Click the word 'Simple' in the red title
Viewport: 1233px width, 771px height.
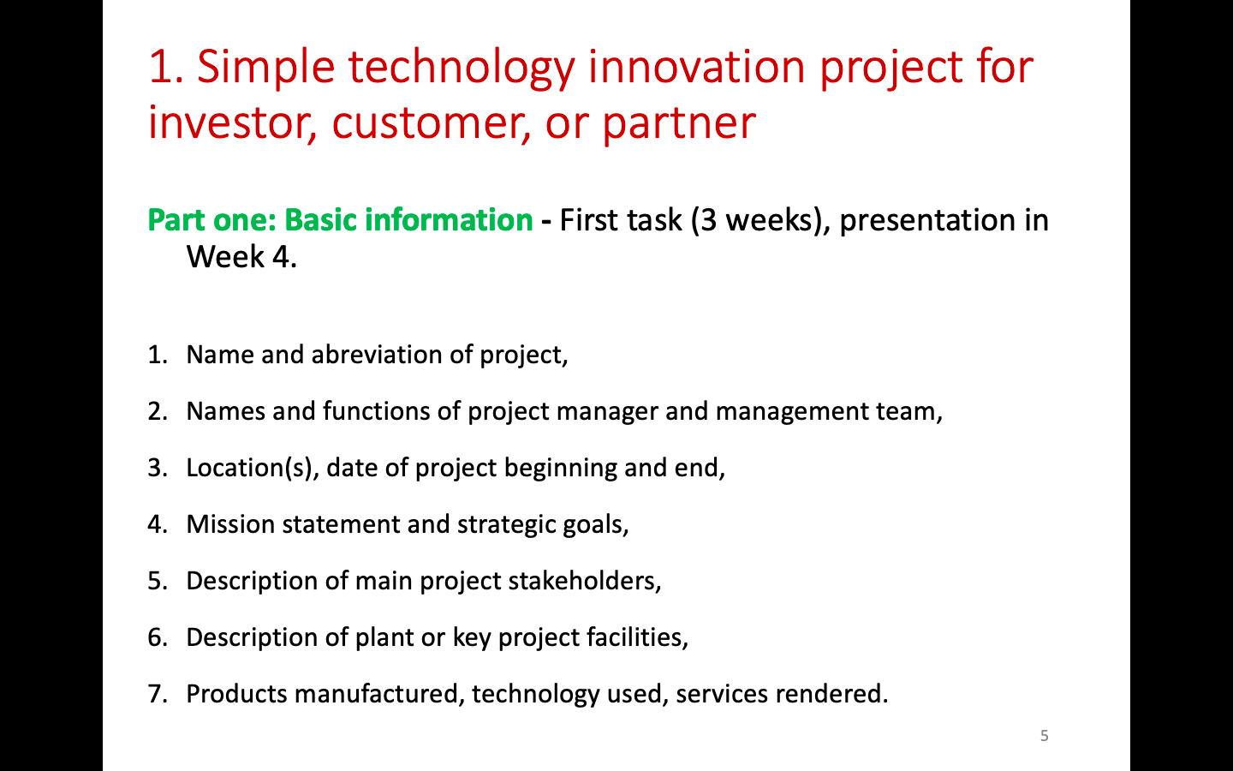click(265, 68)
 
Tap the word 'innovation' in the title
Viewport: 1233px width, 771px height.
click(697, 67)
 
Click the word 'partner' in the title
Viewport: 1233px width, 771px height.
click(680, 124)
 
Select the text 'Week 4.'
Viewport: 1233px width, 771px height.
click(241, 257)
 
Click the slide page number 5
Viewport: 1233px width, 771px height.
click(1045, 736)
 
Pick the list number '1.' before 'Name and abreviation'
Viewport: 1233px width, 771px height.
click(158, 355)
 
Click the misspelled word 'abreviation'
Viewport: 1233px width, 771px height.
click(377, 355)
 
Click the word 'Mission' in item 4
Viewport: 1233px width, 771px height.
click(230, 524)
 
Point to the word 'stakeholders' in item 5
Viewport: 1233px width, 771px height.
click(583, 581)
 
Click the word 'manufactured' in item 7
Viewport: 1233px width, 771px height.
click(377, 694)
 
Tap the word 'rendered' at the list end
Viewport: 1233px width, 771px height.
click(829, 694)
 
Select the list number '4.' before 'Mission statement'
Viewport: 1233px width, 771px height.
click(158, 524)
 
